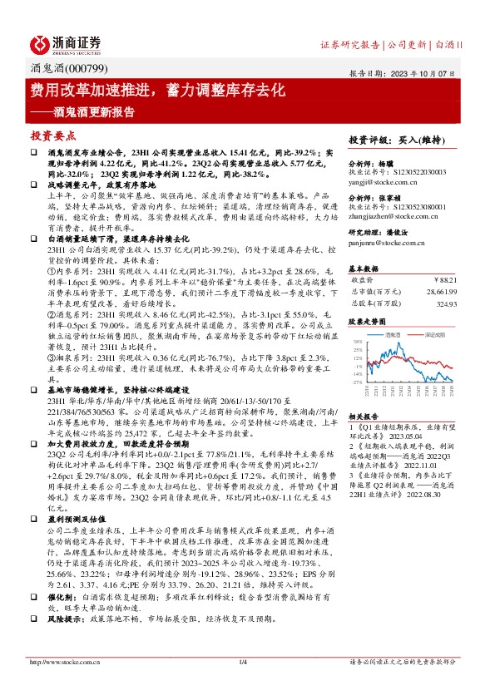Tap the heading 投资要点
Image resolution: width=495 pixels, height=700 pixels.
tap(53, 134)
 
